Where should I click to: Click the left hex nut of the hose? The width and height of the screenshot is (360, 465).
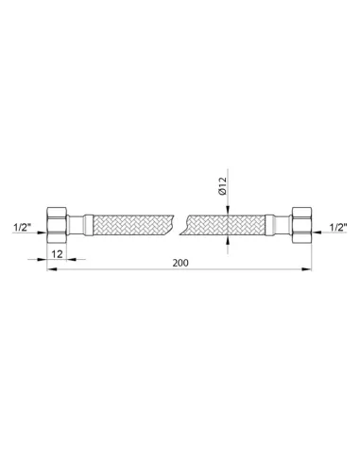pyautogui.click(x=57, y=225)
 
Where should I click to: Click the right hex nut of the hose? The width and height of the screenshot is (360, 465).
pyautogui.click(x=301, y=225)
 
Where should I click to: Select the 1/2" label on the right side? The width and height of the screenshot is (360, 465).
pyautogui.click(x=338, y=227)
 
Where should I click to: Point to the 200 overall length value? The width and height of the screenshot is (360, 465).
pyautogui.click(x=180, y=263)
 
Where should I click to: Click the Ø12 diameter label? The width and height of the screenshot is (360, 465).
pyautogui.click(x=223, y=186)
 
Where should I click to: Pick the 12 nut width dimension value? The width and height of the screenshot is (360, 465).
pyautogui.click(x=57, y=254)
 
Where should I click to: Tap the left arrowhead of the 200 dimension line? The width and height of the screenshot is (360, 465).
pyautogui.click(x=51, y=269)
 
